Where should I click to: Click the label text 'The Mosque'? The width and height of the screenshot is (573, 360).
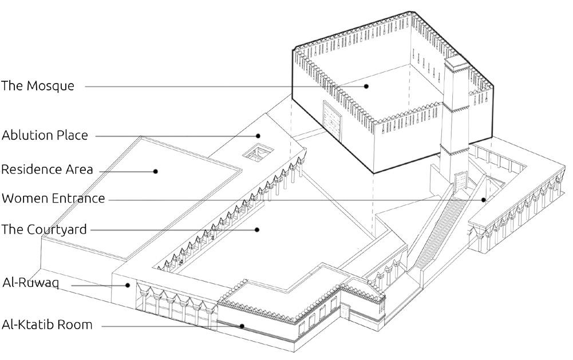(x=38, y=86)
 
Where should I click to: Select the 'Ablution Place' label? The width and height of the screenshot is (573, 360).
(x=45, y=136)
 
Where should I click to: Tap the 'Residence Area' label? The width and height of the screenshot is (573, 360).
(x=47, y=170)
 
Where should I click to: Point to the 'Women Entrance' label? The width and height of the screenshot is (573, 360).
(x=53, y=199)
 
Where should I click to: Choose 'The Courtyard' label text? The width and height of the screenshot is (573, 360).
(x=44, y=230)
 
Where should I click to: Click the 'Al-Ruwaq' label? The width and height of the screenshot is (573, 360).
(x=31, y=283)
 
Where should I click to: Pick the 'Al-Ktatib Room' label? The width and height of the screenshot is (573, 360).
(x=47, y=325)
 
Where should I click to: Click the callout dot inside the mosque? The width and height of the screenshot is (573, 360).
(x=367, y=86)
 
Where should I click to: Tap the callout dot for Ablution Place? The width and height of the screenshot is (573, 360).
(x=259, y=136)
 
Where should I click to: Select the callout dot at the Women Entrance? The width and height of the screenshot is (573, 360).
(x=484, y=199)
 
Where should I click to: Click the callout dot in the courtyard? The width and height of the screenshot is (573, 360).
(x=258, y=230)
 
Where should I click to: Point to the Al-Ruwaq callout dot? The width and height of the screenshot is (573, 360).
(x=129, y=284)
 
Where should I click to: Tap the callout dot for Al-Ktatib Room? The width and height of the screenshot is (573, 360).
(x=242, y=326)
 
